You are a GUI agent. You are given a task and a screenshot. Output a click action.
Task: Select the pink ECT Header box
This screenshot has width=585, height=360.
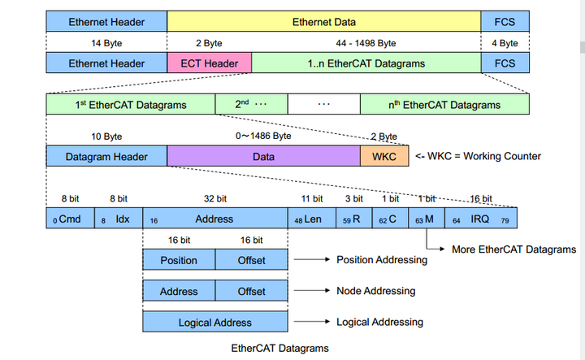pyautogui.click(x=209, y=63)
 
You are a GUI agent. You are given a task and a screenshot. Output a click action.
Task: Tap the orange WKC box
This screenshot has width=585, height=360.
pyautogui.click(x=384, y=156)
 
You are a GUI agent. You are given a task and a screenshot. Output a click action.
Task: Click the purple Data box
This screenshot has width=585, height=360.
pyautogui.click(x=264, y=156)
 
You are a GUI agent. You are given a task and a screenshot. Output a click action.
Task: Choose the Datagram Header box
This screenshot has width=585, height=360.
pyautogui.click(x=107, y=156)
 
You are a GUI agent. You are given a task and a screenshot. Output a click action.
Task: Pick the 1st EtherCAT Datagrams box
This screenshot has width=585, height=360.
pyautogui.click(x=131, y=105)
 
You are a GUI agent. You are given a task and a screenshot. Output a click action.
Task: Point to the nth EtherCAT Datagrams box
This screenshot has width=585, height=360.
pyautogui.click(x=444, y=105)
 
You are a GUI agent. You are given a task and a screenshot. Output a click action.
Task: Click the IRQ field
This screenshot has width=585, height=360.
pyautogui.click(x=479, y=219)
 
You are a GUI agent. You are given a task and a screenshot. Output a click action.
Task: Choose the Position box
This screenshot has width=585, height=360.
pyautogui.click(x=179, y=260)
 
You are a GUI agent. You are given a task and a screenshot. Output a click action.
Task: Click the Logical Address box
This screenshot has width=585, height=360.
pyautogui.click(x=214, y=323)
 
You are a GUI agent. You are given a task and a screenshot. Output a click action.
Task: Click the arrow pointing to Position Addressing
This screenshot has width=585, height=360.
pyautogui.click(x=310, y=260)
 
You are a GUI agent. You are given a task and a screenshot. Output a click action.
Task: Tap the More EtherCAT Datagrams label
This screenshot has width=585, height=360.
pyautogui.click(x=513, y=249)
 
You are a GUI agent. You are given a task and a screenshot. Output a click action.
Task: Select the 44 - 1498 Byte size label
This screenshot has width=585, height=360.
pyautogui.click(x=366, y=43)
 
